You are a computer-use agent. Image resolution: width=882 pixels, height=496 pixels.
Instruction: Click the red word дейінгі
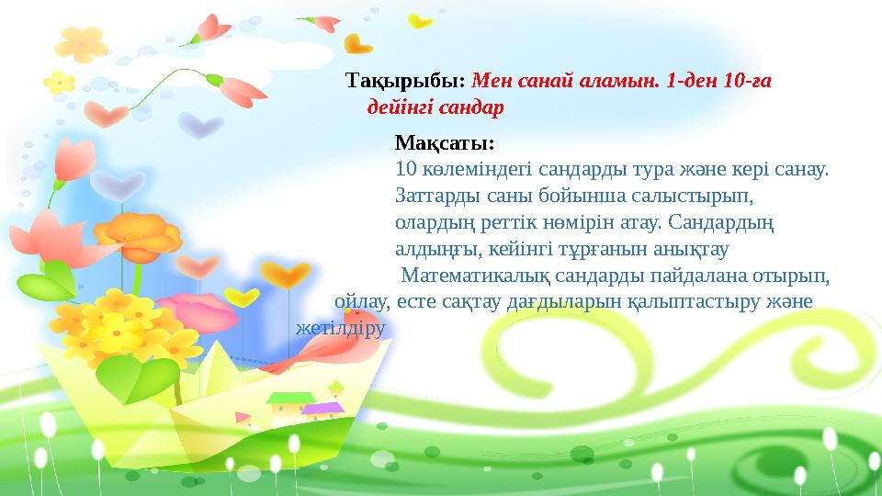click(x=401, y=108)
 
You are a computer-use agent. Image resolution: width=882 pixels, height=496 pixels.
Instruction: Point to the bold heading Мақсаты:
click(x=445, y=143)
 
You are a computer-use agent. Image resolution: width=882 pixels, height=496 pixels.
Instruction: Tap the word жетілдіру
click(x=340, y=326)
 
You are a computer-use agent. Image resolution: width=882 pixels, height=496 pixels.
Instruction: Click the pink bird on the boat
click(x=317, y=345)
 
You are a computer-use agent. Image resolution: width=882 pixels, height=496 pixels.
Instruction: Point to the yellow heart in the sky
click(x=421, y=20)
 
